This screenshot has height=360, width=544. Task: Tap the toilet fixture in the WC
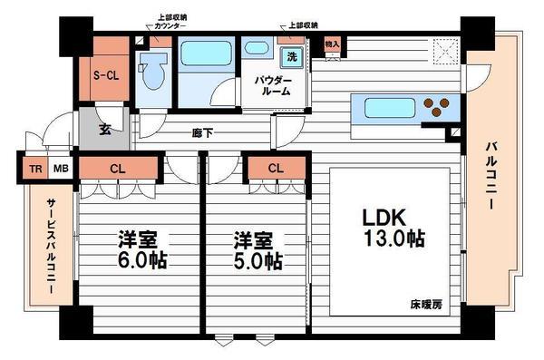(153, 72)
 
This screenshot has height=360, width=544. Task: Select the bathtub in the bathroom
(207, 53)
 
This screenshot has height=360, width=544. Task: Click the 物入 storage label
(331, 44)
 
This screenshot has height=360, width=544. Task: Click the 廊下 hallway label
(203, 132)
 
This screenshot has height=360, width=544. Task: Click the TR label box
(35, 168)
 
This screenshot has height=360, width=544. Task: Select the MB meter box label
(60, 168)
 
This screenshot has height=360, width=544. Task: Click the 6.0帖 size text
(140, 262)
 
